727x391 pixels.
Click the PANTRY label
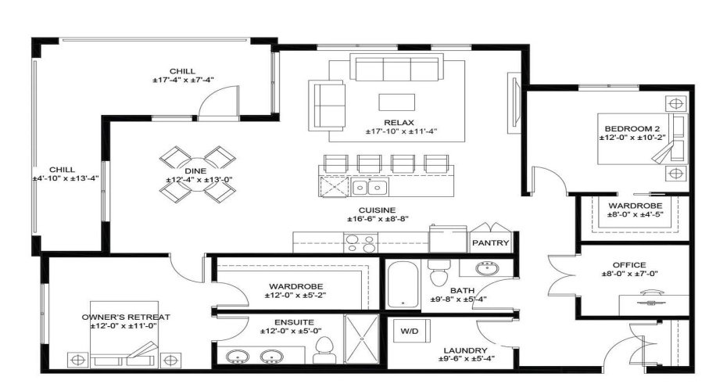point(491,244)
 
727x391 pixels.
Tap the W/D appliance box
point(410,332)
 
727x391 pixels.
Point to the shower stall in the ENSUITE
point(362,338)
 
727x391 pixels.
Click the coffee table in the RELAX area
point(397,102)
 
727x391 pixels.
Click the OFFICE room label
point(629,264)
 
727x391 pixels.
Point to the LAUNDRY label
point(466,350)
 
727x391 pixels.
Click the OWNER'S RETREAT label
point(126,317)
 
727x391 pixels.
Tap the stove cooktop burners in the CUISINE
point(360,243)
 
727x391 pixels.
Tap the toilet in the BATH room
point(438,274)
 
